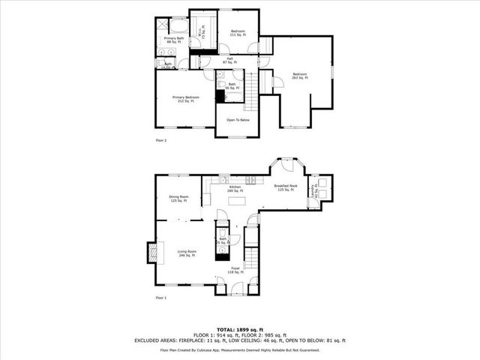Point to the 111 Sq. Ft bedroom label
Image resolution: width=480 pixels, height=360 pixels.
pyautogui.click(x=238, y=33)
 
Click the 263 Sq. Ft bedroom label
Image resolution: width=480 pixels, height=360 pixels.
pyautogui.click(x=299, y=76)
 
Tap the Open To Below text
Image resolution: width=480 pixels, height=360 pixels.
pyautogui.click(x=238, y=119)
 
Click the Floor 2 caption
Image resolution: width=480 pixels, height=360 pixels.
pyautogui.click(x=160, y=140)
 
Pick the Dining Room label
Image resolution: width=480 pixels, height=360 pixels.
pyautogui.click(x=178, y=198)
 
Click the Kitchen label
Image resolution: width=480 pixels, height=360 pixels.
pyautogui.click(x=235, y=188)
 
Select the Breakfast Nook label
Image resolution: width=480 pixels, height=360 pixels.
pyautogui.click(x=286, y=187)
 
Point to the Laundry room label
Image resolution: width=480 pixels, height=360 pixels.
pyautogui.click(x=315, y=190)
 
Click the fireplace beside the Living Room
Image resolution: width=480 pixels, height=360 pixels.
pyautogui.click(x=152, y=253)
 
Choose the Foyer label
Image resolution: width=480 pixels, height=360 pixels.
pyautogui.click(x=235, y=270)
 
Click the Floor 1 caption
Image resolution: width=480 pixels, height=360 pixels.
pyautogui.click(x=160, y=298)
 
